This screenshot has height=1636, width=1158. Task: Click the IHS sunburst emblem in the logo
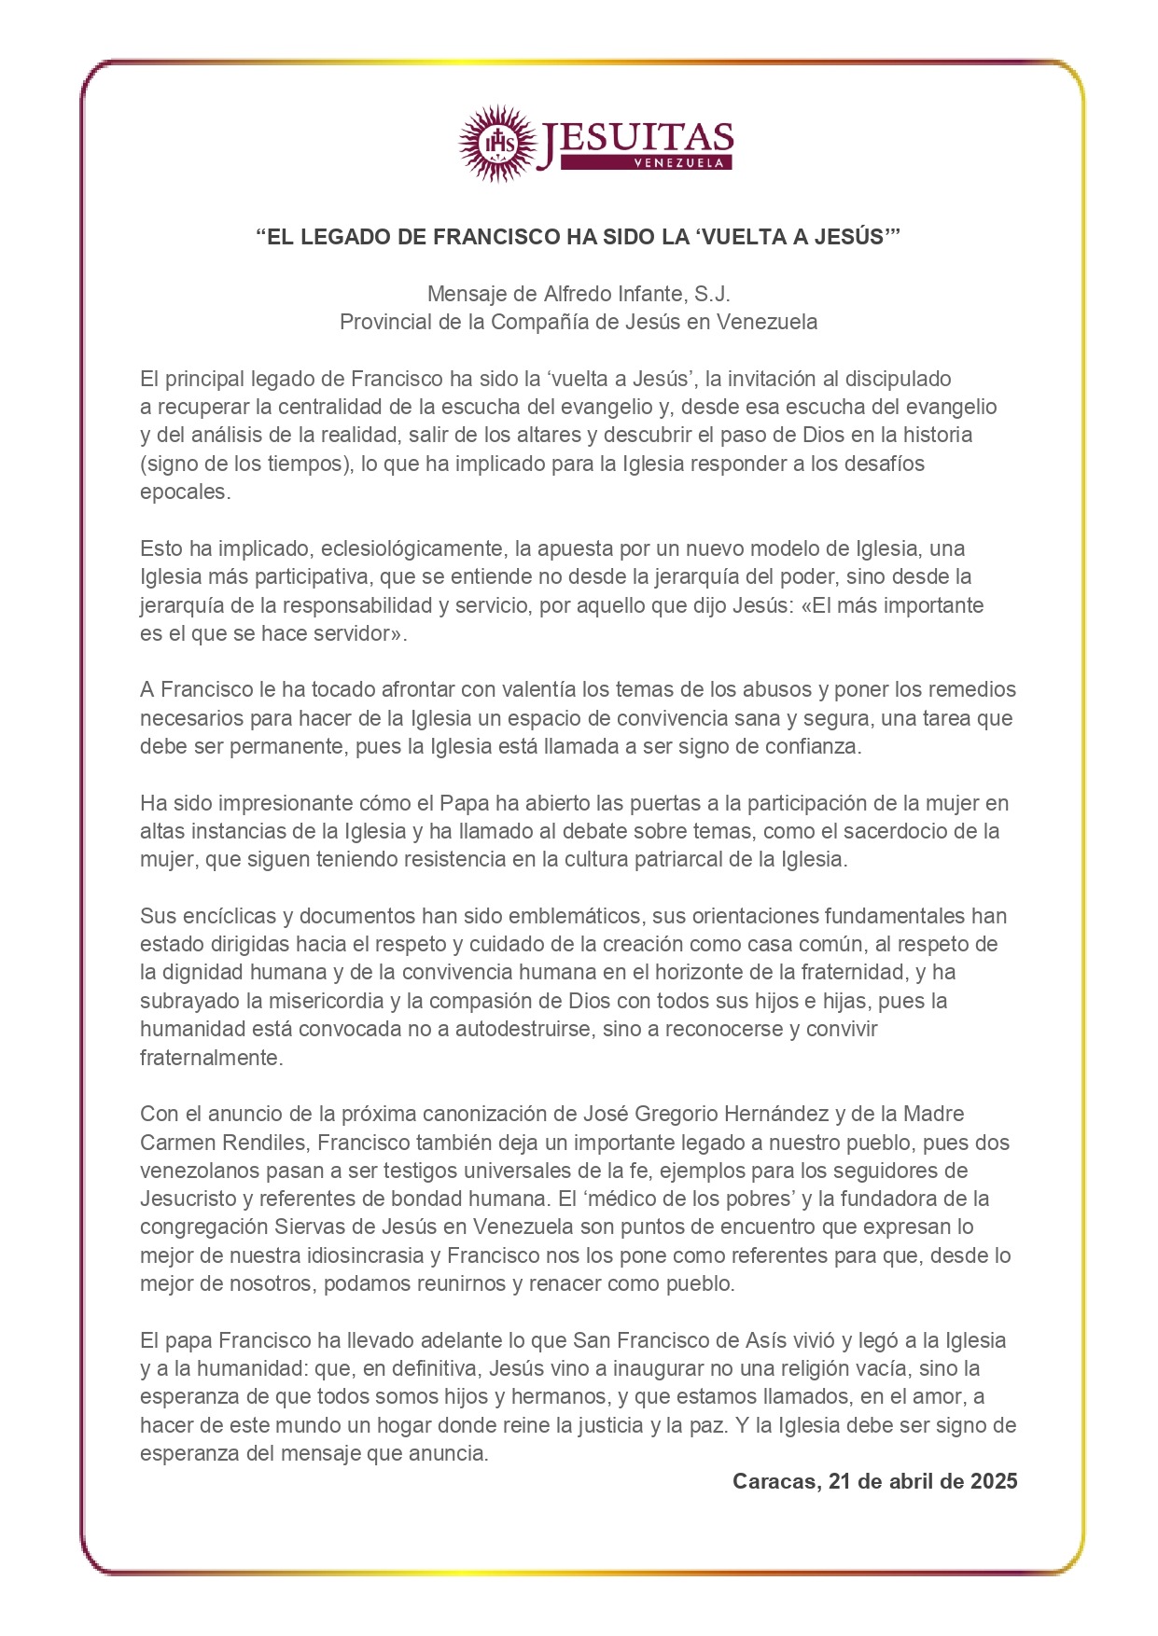click(498, 143)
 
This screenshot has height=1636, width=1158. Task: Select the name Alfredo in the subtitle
click(578, 294)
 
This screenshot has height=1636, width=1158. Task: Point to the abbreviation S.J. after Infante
click(712, 294)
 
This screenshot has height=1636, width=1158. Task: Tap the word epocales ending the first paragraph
click(184, 492)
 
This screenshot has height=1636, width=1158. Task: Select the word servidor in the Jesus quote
click(361, 633)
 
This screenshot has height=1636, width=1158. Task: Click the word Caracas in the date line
click(774, 1482)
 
